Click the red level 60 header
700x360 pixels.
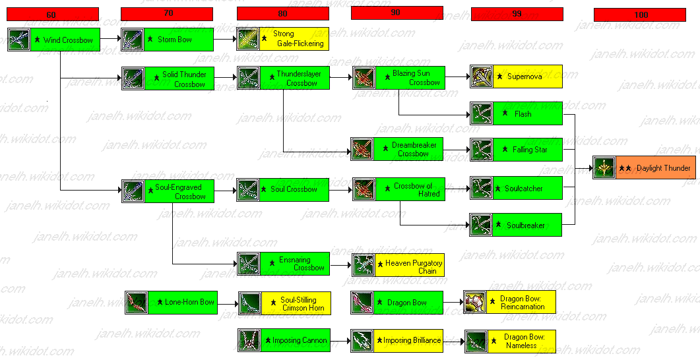[x=52, y=14]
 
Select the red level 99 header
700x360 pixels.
[x=517, y=14]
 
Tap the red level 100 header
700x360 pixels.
[x=641, y=15]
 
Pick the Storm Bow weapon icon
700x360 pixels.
[x=133, y=40]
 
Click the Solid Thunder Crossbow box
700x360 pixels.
[x=177, y=78]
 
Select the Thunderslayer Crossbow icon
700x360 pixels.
[x=248, y=78]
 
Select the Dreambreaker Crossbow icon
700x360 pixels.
[x=363, y=150]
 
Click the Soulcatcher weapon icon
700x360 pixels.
[x=481, y=188]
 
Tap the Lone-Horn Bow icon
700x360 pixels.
[x=137, y=302]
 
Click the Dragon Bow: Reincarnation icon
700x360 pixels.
[x=475, y=302]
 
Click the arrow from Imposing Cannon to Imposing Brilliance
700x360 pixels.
[x=339, y=341]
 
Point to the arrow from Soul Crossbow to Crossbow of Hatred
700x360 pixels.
[x=339, y=189]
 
